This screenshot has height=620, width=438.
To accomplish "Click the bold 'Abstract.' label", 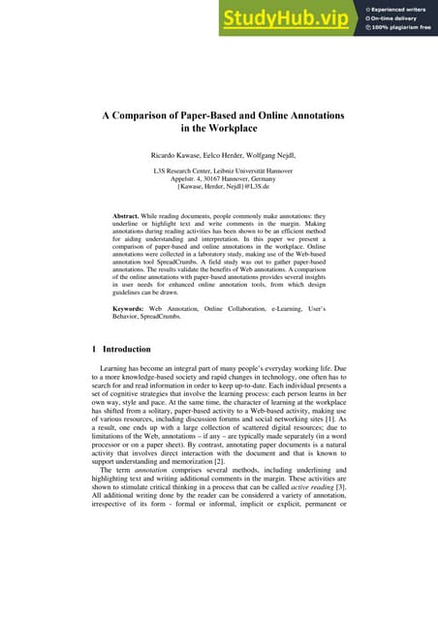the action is click(x=132, y=214).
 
